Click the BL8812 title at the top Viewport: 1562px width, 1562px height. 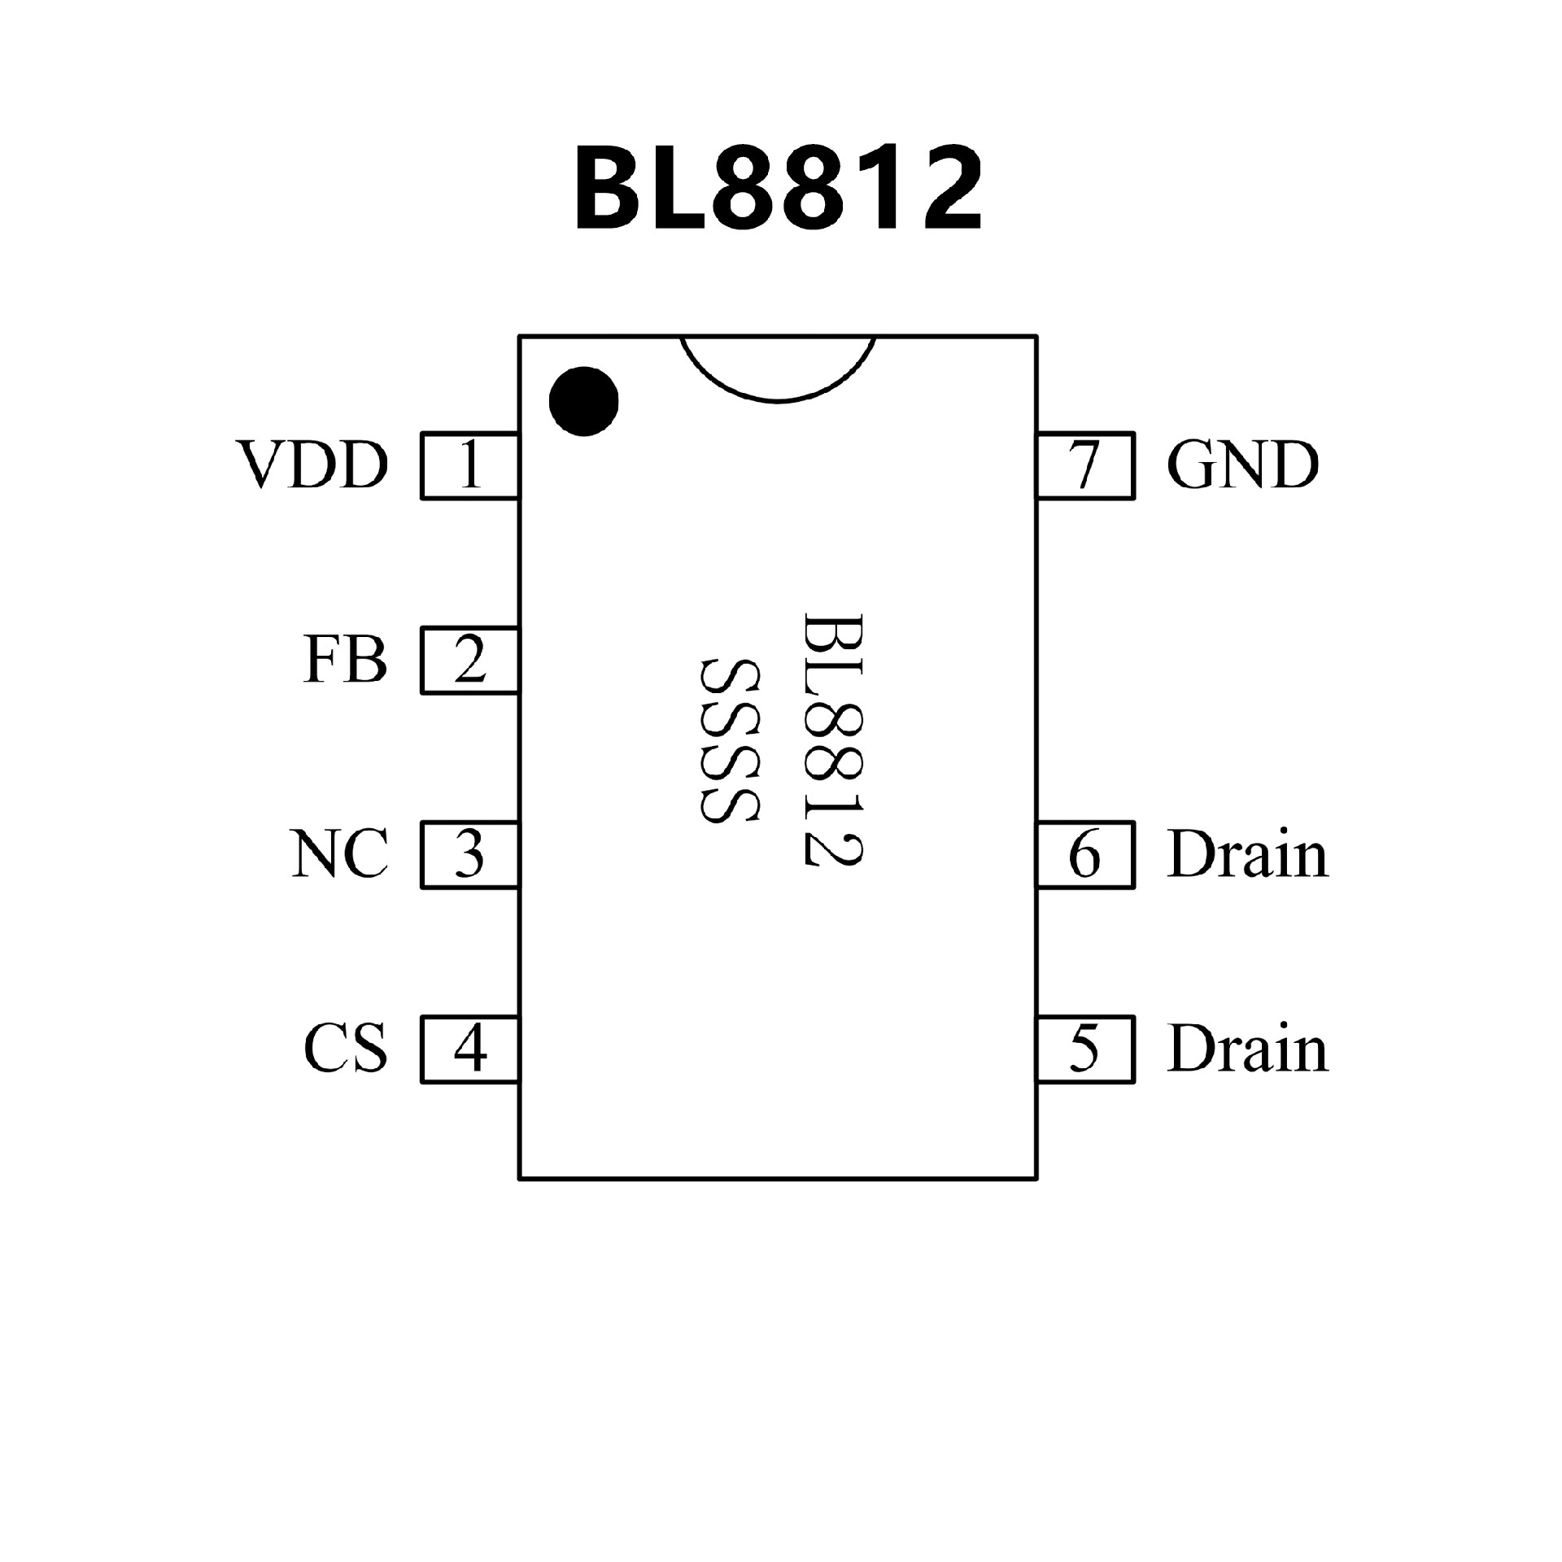click(779, 189)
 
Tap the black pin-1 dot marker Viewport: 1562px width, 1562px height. click(583, 400)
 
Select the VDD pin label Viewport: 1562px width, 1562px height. click(312, 465)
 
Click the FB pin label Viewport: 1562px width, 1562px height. click(345, 660)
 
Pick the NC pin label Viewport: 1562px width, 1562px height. click(339, 855)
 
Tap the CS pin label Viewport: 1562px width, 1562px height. click(345, 1049)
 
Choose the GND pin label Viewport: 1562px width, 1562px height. click(1242, 465)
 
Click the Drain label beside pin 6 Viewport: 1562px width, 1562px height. click(1247, 855)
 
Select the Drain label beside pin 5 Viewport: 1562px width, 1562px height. click(1247, 1049)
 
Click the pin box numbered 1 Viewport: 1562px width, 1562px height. click(470, 465)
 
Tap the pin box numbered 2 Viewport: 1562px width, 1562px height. click(470, 660)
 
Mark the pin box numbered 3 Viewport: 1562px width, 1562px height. click(470, 854)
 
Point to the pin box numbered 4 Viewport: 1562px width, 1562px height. click(470, 1049)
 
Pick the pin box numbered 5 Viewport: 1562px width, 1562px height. click(1085, 1049)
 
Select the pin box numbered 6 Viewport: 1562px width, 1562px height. click(1085, 854)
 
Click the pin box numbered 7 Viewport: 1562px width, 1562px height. click(1085, 465)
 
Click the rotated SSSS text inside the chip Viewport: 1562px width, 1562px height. click(729, 740)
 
